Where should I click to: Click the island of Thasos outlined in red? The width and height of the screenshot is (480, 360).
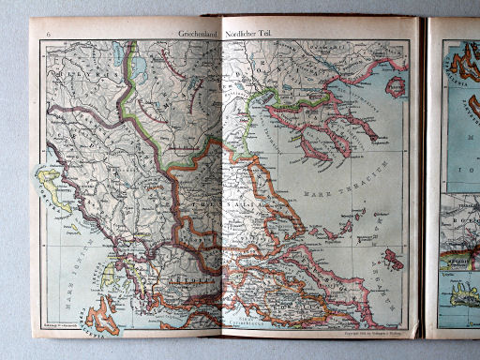[397, 86]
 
